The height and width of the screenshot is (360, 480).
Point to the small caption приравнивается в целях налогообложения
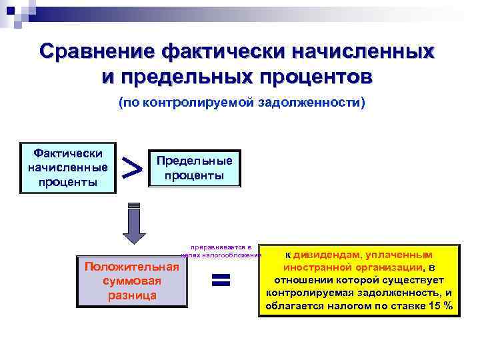[221, 251]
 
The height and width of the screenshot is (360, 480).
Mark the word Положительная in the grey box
[132, 267]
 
